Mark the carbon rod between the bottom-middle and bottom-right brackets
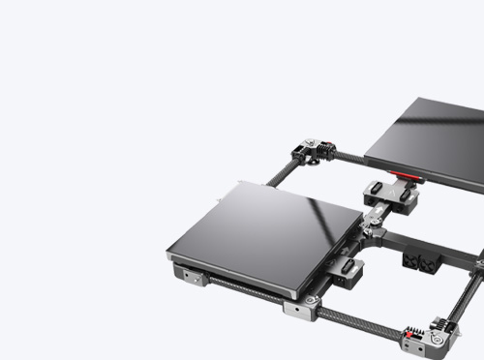pos(353,324)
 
